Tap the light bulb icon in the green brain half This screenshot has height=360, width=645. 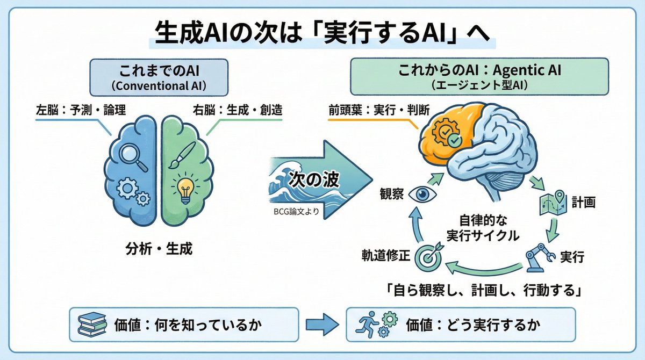(185, 189)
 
